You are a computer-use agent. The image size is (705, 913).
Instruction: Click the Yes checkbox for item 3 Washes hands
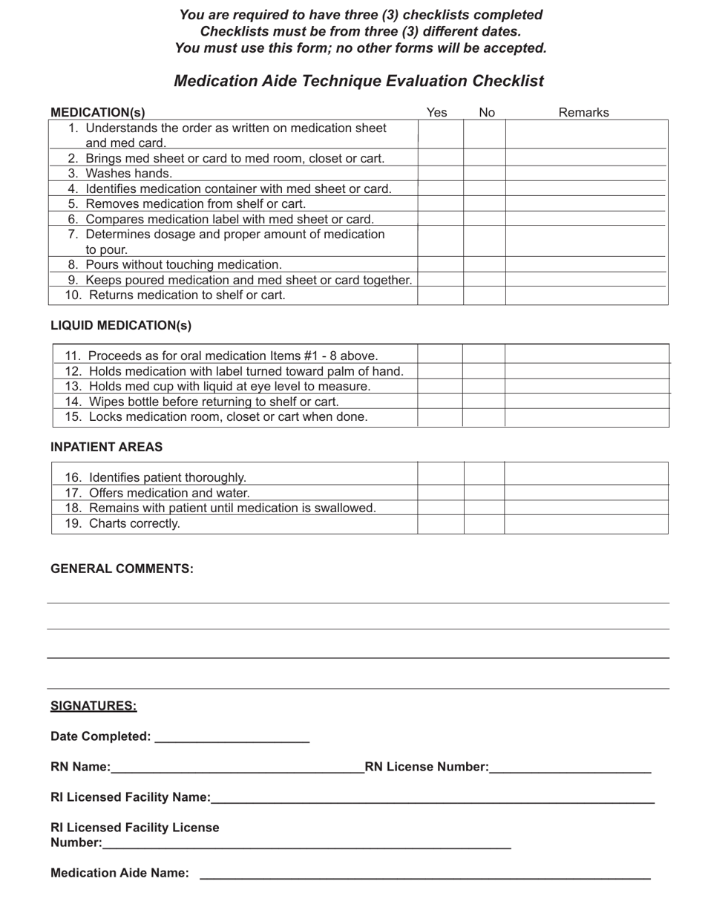[x=440, y=174]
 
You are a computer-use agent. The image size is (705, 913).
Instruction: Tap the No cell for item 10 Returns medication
[x=485, y=295]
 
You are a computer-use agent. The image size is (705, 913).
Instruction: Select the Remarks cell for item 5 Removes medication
[x=586, y=204]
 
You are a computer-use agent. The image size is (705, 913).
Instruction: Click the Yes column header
[x=437, y=112]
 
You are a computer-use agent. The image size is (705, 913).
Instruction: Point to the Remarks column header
[x=583, y=112]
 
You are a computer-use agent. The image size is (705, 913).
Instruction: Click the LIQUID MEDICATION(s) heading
[x=121, y=325]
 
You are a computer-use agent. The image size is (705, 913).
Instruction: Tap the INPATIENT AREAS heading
[x=106, y=447]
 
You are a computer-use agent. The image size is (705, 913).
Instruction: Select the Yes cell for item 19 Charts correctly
[x=441, y=524]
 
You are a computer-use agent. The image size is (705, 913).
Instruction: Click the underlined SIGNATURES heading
[x=94, y=706]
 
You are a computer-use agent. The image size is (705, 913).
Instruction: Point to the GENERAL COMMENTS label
[x=122, y=569]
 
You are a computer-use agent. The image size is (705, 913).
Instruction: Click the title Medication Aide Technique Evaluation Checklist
[x=358, y=81]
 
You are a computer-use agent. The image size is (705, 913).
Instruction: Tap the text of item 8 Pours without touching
[x=183, y=265]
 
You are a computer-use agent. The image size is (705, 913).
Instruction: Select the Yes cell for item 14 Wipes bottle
[x=439, y=402]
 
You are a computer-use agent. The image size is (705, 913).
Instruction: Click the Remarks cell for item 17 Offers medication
[x=586, y=493]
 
